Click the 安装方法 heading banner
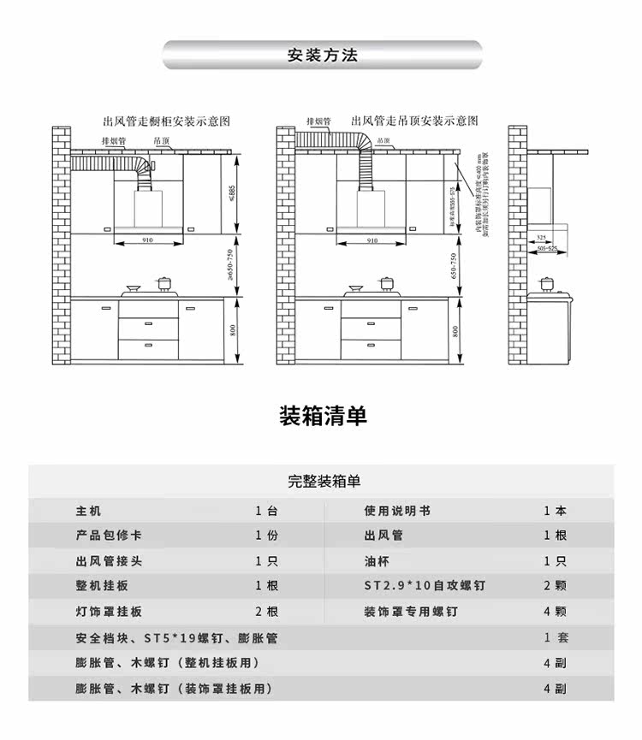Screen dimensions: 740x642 322,56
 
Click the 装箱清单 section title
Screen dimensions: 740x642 323,416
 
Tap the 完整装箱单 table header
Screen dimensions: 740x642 324,482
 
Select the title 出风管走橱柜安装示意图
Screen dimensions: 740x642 166,122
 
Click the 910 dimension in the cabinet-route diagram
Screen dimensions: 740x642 147,241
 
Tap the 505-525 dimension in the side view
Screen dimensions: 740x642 546,248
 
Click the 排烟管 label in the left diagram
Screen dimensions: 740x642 114,140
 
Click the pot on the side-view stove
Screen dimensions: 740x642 546,282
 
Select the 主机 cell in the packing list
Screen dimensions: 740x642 88,511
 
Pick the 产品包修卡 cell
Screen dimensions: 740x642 108,536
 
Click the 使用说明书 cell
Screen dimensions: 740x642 397,511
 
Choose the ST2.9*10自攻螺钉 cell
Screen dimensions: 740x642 425,587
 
